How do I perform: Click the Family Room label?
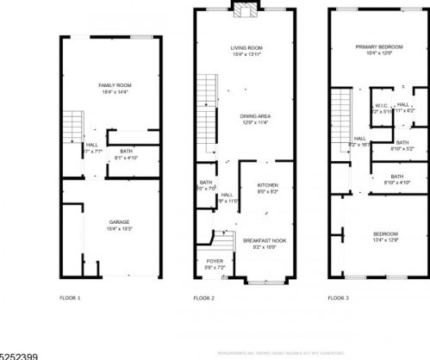(113, 87)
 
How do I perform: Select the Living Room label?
(246, 47)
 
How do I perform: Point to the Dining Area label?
(246, 116)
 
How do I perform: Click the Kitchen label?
(267, 187)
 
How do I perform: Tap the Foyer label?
(214, 260)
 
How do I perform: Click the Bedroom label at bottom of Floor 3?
(385, 234)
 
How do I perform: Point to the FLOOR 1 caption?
(69, 297)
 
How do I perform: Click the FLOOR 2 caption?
(203, 297)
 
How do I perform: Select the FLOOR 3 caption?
(338, 297)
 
